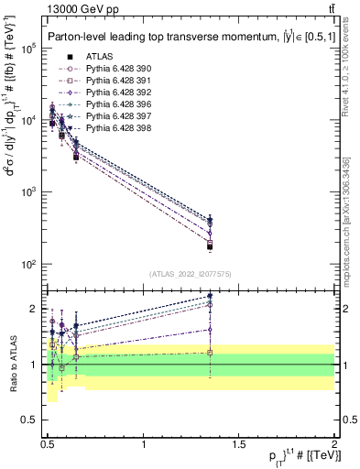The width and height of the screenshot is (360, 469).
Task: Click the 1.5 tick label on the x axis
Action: tap(239, 444)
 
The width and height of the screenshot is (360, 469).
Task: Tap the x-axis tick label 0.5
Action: tap(48, 444)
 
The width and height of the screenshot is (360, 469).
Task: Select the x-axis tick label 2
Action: tap(334, 444)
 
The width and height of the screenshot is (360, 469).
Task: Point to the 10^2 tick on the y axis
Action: tap(29, 265)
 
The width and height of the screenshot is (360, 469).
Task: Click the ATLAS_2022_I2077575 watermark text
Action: tap(191, 273)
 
